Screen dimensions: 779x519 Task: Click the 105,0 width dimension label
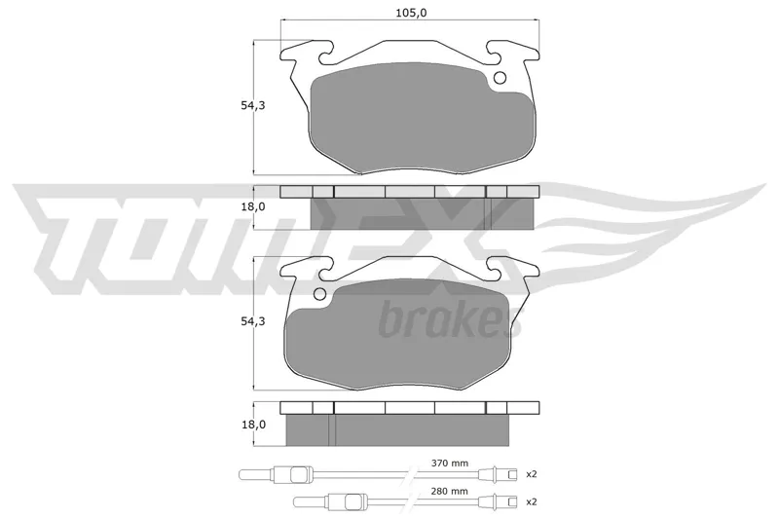[411, 13]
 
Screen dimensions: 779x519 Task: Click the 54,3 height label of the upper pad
[253, 106]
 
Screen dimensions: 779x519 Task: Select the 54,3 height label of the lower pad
[253, 321]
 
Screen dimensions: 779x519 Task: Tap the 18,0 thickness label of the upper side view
[253, 206]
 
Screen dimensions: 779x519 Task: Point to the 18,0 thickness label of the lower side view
[253, 425]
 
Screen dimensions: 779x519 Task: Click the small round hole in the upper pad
[500, 78]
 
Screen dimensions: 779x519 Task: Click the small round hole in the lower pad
[320, 294]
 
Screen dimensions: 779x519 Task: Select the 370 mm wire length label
[450, 463]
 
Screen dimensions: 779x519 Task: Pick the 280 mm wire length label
[450, 491]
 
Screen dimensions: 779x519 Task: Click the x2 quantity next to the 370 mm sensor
[532, 474]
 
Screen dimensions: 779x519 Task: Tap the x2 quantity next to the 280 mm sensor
[532, 501]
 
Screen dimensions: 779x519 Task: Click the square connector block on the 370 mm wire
[298, 475]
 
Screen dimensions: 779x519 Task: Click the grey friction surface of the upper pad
[423, 118]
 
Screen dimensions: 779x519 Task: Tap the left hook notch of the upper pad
[324, 55]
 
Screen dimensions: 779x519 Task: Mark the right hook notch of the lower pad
[497, 270]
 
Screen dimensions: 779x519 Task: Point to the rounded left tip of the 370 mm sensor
[241, 475]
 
